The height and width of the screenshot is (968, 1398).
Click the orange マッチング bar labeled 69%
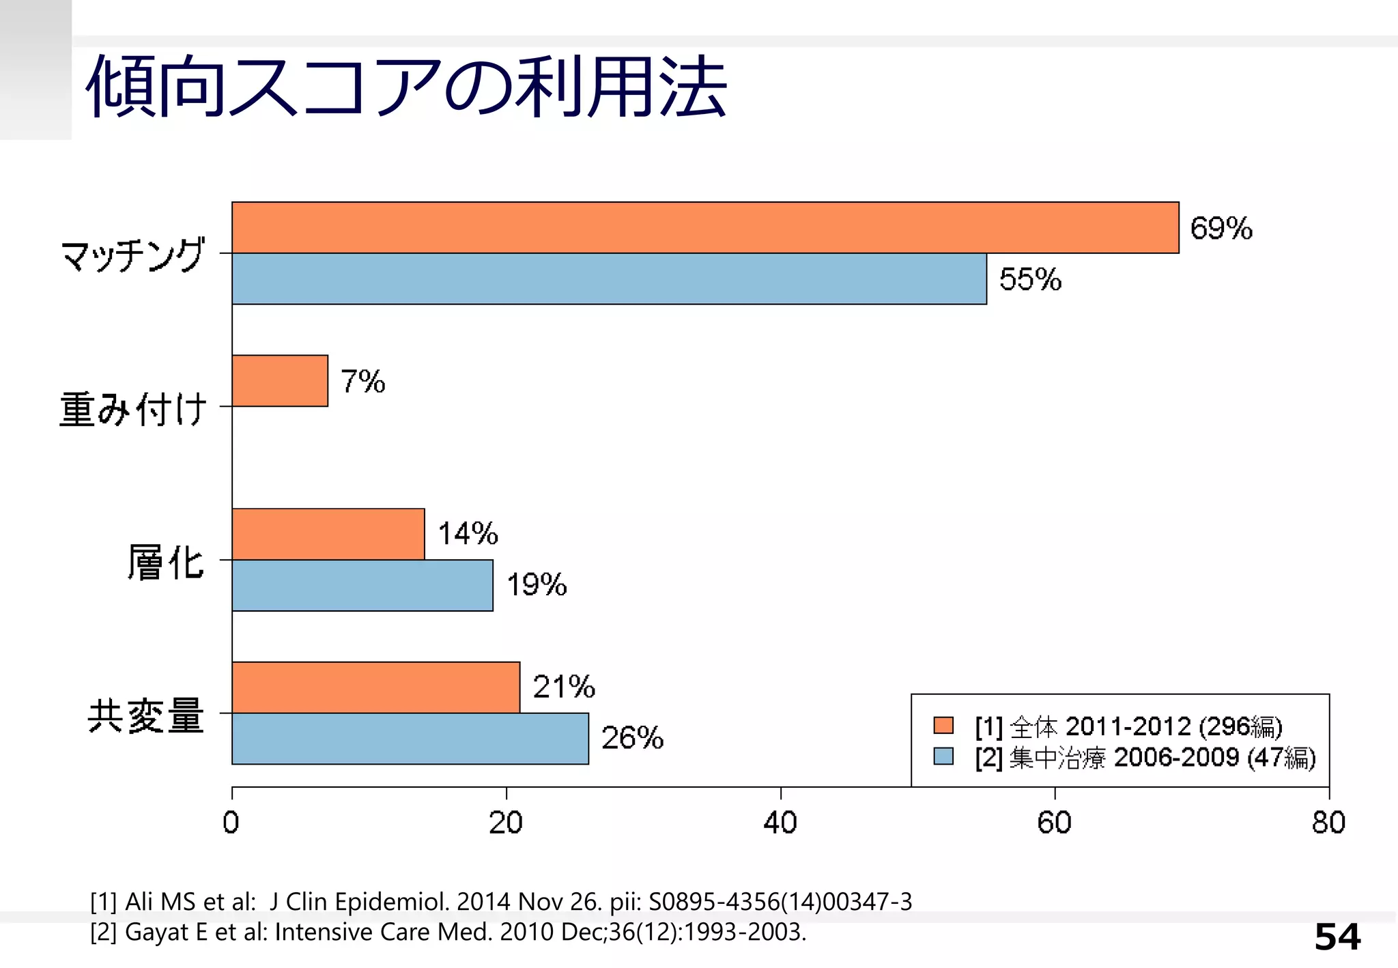pyautogui.click(x=705, y=227)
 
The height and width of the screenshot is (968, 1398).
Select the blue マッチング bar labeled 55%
pyautogui.click(x=609, y=279)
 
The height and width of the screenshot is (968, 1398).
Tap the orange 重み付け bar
pyautogui.click(x=280, y=380)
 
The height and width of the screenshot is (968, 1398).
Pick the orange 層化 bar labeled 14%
pyautogui.click(x=328, y=534)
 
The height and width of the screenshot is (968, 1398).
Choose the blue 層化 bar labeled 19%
pyautogui.click(x=362, y=585)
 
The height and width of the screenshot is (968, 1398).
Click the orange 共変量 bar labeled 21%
pyautogui.click(x=375, y=687)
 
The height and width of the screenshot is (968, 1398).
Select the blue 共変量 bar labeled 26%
pyautogui.click(x=410, y=739)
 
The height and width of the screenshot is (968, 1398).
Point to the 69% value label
pyautogui.click(x=1221, y=228)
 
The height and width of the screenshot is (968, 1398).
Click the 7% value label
pyautogui.click(x=362, y=381)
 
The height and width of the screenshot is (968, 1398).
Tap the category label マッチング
pyautogui.click(x=132, y=255)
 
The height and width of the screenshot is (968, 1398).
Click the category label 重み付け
pyautogui.click(x=132, y=408)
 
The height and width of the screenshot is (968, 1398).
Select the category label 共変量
pyautogui.click(x=145, y=715)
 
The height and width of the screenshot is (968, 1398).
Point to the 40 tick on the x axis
pyautogui.click(x=780, y=823)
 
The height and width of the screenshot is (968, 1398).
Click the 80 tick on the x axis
pyautogui.click(x=1328, y=823)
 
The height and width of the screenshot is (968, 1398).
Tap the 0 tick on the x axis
pyautogui.click(x=231, y=823)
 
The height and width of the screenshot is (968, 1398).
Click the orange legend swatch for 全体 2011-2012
pyautogui.click(x=943, y=725)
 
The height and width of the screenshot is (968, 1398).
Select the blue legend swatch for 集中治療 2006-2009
pyautogui.click(x=943, y=756)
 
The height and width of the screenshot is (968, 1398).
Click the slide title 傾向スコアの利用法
pyautogui.click(x=406, y=87)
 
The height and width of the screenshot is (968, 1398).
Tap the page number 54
pyautogui.click(x=1337, y=937)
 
